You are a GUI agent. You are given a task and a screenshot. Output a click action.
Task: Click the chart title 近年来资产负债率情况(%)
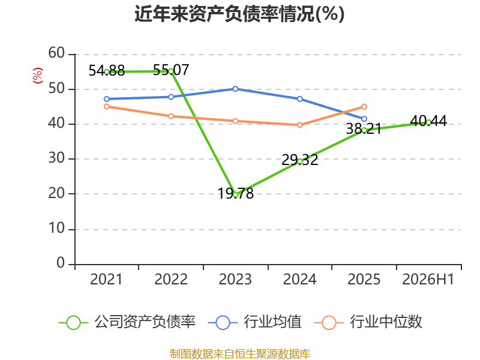pyautogui.click(x=239, y=14)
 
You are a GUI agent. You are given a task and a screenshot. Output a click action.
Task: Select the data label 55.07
pyautogui.click(x=171, y=70)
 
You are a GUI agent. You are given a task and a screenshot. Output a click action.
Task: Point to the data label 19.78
pyautogui.click(x=235, y=193)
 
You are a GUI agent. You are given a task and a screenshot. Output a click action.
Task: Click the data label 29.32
pyautogui.click(x=299, y=160)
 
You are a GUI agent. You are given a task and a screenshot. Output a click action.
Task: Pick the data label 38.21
pyautogui.click(x=364, y=129)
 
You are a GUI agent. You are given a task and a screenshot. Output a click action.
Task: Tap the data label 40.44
pyautogui.click(x=428, y=121)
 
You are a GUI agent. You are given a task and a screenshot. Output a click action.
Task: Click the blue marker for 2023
pyautogui.click(x=235, y=89)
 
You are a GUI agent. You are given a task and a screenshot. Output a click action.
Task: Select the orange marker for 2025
pyautogui.click(x=364, y=107)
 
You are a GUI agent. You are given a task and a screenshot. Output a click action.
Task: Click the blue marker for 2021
pyautogui.click(x=107, y=99)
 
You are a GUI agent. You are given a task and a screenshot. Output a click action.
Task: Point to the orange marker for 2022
pyautogui.click(x=171, y=116)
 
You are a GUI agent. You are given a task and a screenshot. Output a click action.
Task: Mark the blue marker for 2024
pyautogui.click(x=299, y=99)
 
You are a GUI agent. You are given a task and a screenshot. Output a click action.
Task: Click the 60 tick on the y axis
pyautogui.click(x=56, y=53)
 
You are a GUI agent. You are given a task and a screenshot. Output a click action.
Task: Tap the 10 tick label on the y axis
pyautogui.click(x=56, y=229)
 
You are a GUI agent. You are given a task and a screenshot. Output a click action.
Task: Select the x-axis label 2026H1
pyautogui.click(x=428, y=279)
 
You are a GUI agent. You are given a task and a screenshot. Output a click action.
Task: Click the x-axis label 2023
pyautogui.click(x=235, y=279)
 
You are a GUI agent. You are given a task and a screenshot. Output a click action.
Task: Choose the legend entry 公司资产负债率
pyautogui.click(x=127, y=322)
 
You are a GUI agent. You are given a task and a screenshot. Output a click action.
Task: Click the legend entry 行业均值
pyautogui.click(x=254, y=322)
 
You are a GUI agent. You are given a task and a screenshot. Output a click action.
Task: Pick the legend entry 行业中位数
pyautogui.click(x=368, y=322)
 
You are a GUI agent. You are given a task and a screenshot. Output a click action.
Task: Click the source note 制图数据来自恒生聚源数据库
pyautogui.click(x=239, y=354)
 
